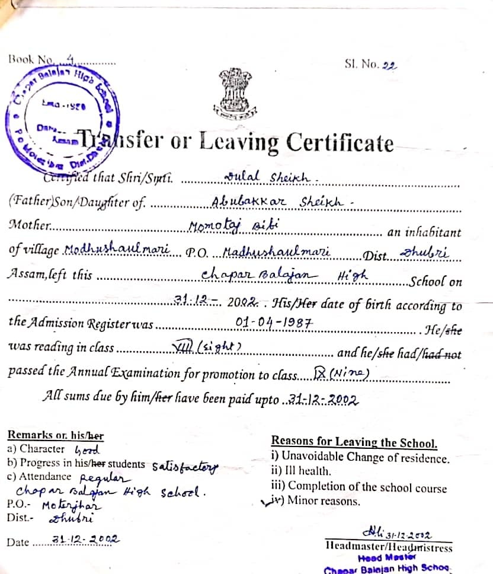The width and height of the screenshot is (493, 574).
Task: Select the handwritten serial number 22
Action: [x=389, y=66]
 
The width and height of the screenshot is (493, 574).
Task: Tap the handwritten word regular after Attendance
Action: [x=104, y=478]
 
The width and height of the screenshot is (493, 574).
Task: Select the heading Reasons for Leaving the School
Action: [x=354, y=442]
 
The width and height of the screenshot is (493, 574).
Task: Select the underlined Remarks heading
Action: [x=55, y=436]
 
